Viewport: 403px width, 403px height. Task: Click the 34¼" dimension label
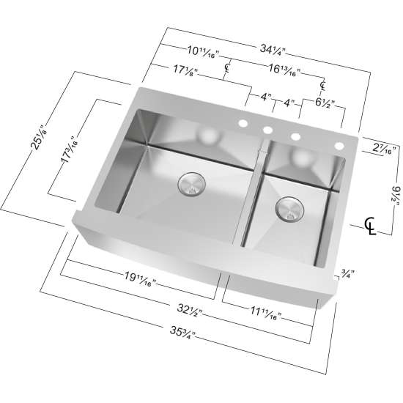pos(272,49)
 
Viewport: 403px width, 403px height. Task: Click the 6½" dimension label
pos(325,104)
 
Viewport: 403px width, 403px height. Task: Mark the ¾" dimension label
pos(349,276)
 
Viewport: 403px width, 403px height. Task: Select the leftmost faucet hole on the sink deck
pos(243,125)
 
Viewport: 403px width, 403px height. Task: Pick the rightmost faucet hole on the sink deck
pos(339,147)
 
